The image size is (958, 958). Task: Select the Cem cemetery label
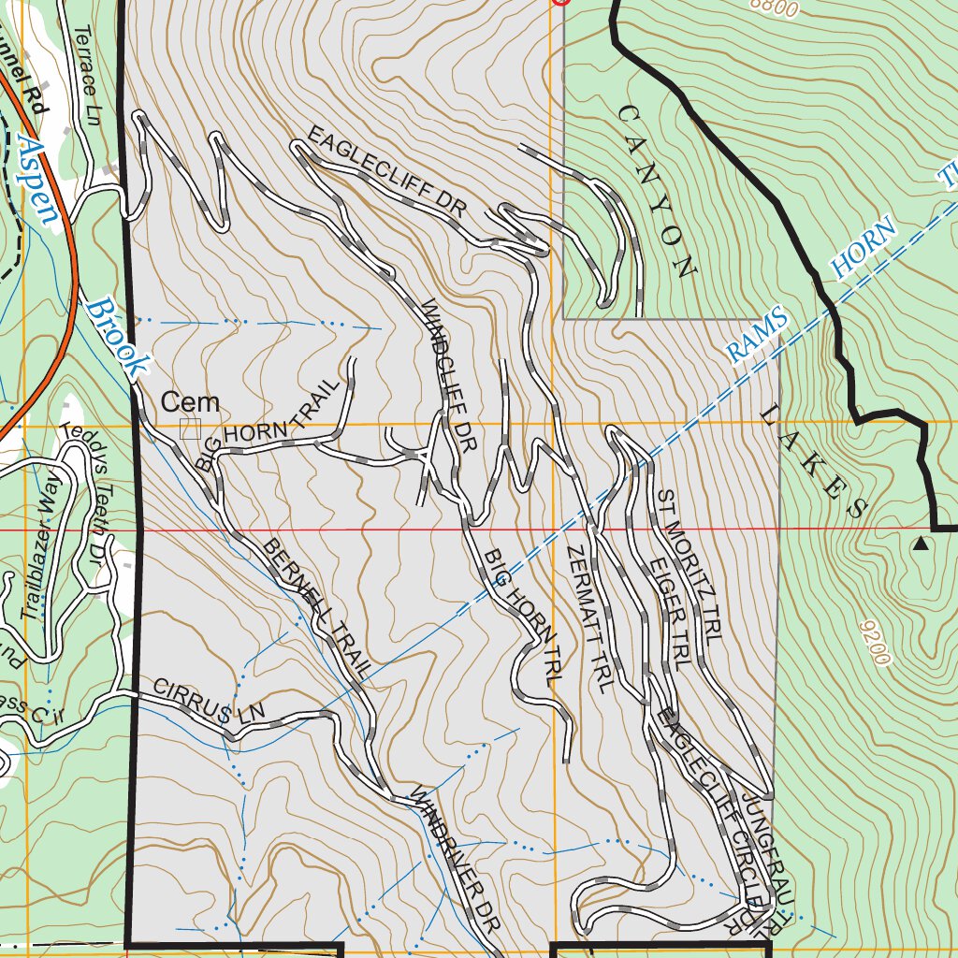point(191,403)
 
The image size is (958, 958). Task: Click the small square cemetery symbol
point(191,428)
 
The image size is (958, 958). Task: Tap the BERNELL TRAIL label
point(317,607)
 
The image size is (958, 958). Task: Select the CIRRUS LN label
point(210,702)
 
